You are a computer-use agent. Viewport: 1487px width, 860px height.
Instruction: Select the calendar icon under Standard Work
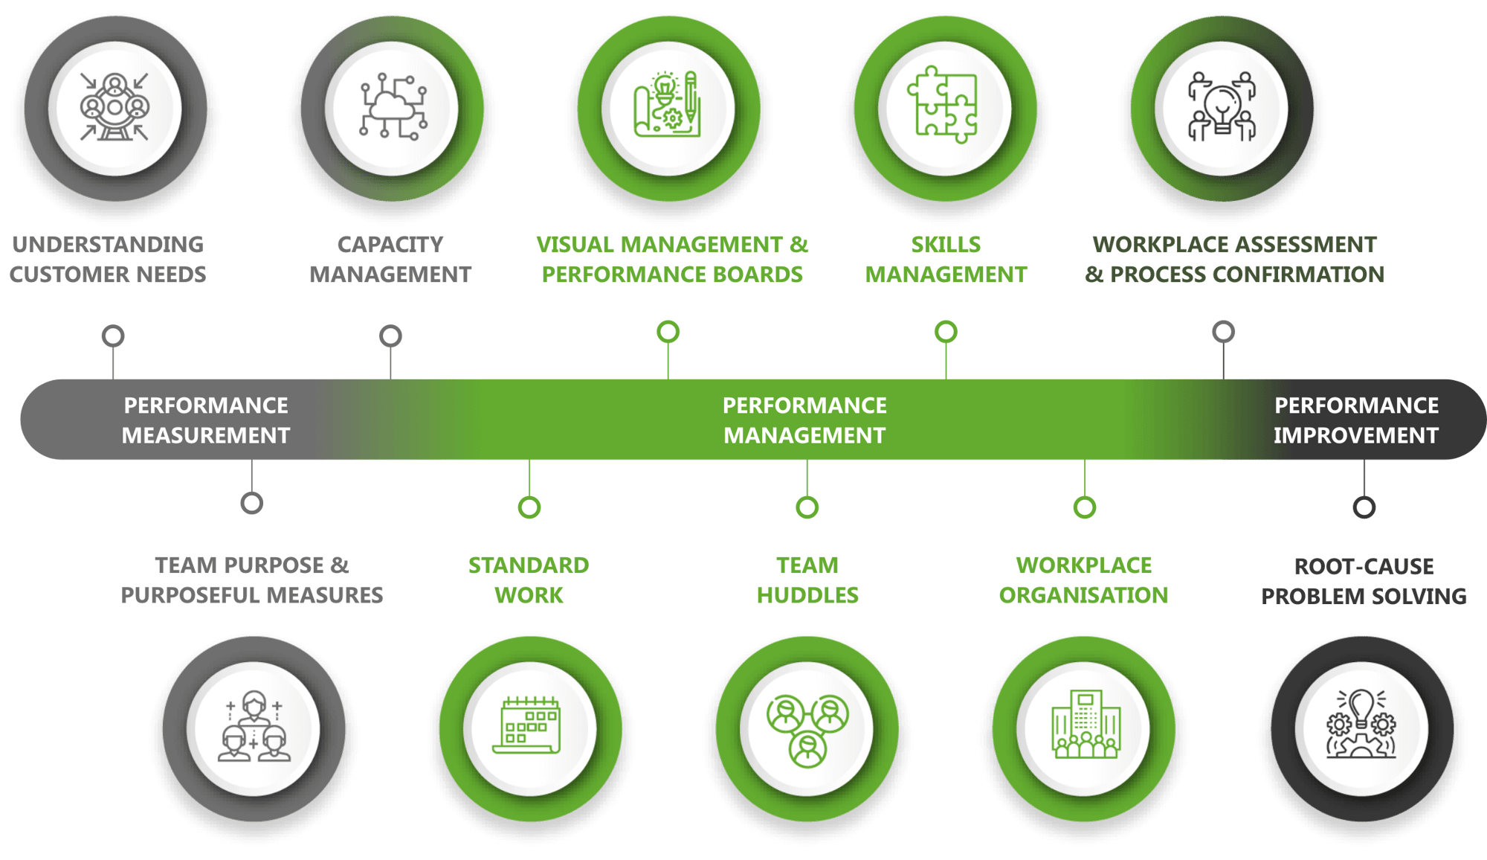[528, 726]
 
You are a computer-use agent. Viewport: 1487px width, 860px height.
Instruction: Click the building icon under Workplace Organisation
[1084, 726]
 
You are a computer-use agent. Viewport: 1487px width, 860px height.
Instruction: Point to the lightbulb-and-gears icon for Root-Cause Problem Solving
[1361, 726]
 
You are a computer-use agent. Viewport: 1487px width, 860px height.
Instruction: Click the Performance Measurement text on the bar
[206, 420]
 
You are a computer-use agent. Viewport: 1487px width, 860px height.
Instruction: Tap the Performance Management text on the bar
[804, 420]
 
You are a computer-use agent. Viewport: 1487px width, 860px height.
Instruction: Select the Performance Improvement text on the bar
[1356, 420]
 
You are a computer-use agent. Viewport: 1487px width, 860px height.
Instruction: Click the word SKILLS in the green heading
[946, 245]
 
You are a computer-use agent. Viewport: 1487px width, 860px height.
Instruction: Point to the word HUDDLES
[807, 596]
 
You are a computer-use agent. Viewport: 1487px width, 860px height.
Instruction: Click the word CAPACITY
[390, 245]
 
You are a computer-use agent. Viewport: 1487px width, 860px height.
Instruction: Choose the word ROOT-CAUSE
[1364, 567]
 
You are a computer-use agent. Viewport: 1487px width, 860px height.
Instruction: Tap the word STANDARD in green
[528, 566]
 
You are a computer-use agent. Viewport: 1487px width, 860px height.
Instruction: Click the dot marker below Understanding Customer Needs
[113, 336]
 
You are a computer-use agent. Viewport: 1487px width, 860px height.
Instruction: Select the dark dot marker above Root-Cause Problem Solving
[1364, 507]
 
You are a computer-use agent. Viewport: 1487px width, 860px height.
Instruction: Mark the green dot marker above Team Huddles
[807, 507]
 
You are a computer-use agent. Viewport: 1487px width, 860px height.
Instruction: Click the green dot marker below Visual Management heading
[668, 332]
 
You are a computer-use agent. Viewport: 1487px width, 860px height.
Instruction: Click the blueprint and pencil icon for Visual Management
[668, 106]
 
